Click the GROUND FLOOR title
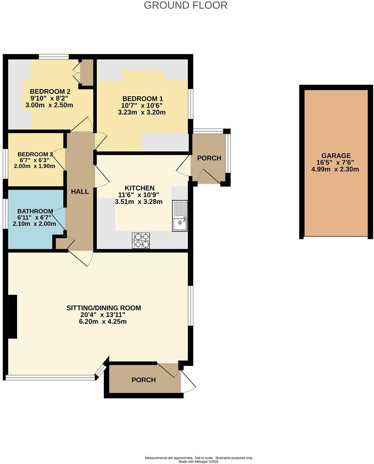pyautogui.click(x=186, y=5)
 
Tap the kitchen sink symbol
pyautogui.click(x=180, y=216)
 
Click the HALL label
pyautogui.click(x=80, y=192)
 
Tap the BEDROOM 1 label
pyautogui.click(x=142, y=99)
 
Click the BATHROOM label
pyautogui.click(x=35, y=211)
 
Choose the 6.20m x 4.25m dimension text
pyautogui.click(x=104, y=321)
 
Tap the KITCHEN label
pyautogui.click(x=140, y=188)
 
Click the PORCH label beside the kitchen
pyautogui.click(x=209, y=158)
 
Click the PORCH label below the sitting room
pyautogui.click(x=143, y=380)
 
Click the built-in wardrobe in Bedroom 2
pyautogui.click(x=86, y=72)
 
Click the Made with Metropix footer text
pyautogui.click(x=198, y=461)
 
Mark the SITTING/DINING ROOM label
pyautogui.click(x=104, y=308)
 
